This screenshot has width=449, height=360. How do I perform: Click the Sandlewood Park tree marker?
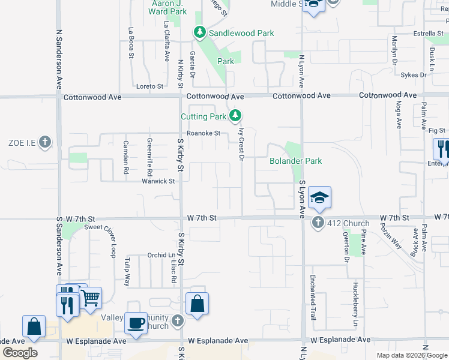(199, 33)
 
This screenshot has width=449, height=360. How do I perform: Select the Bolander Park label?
(295, 161)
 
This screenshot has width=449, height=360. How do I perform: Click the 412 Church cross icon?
(318, 223)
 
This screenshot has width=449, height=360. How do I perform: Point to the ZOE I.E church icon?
(44, 142)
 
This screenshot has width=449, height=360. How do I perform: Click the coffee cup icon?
(136, 323)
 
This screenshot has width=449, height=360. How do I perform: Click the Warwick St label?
(158, 181)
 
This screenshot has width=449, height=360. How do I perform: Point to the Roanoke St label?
(203, 133)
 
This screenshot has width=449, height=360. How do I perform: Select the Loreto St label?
(150, 86)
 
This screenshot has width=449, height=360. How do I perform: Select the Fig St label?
(437, 130)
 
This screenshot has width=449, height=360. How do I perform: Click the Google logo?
(20, 353)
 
